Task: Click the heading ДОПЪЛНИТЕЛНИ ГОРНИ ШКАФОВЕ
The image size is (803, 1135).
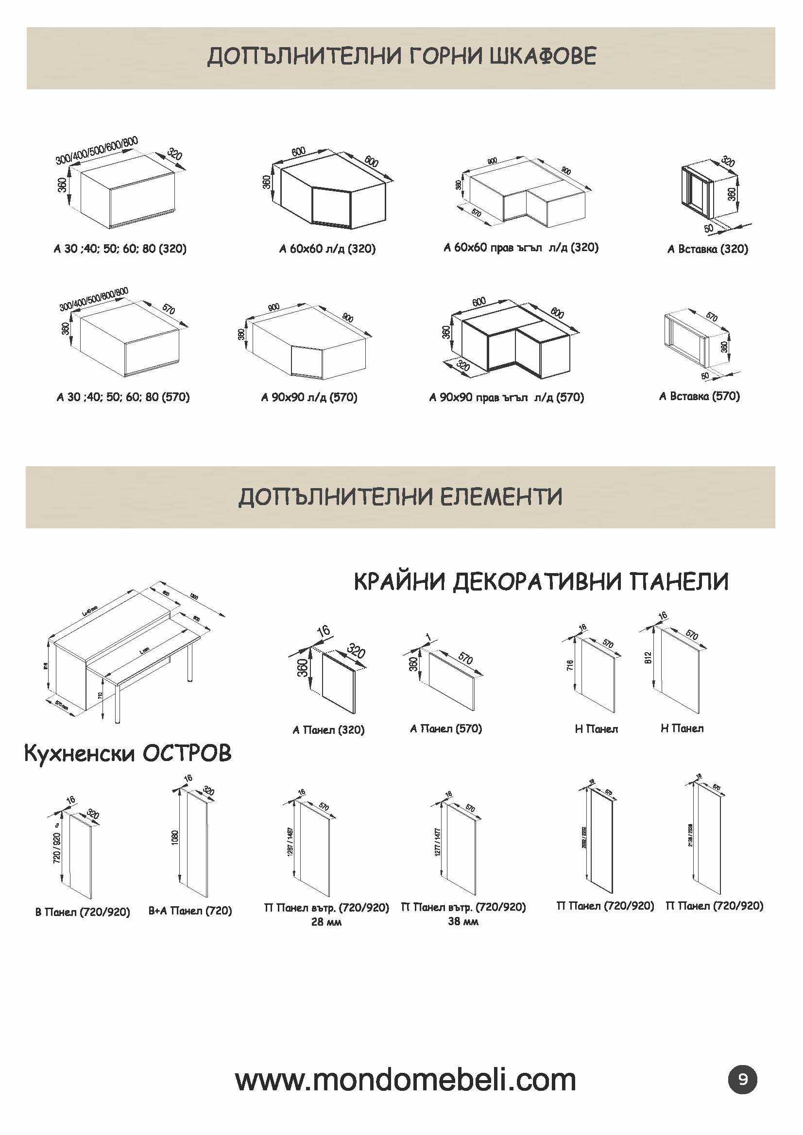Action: [401, 57]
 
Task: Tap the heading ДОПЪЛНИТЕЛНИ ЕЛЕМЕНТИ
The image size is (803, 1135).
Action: [400, 497]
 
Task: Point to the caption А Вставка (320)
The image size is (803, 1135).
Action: [707, 249]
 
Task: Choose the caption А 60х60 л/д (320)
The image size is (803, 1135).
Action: [327, 249]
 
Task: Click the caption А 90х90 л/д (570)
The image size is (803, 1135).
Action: [309, 397]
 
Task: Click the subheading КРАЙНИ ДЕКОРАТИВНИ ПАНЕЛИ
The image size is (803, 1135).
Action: [541, 582]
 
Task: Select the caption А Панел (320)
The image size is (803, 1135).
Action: [328, 729]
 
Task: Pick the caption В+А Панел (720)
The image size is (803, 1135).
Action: [190, 911]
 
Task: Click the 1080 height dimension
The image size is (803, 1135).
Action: [174, 837]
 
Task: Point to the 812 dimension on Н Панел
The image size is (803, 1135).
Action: [648, 658]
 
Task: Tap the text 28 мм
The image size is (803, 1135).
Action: [326, 921]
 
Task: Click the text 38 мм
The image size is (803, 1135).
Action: [463, 921]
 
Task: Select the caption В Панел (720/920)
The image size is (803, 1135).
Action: [83, 912]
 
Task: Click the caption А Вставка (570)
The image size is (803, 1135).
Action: [699, 396]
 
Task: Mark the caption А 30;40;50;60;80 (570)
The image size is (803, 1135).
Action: [123, 397]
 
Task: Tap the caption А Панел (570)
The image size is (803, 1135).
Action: [445, 728]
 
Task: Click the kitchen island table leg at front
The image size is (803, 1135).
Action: [117, 702]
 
